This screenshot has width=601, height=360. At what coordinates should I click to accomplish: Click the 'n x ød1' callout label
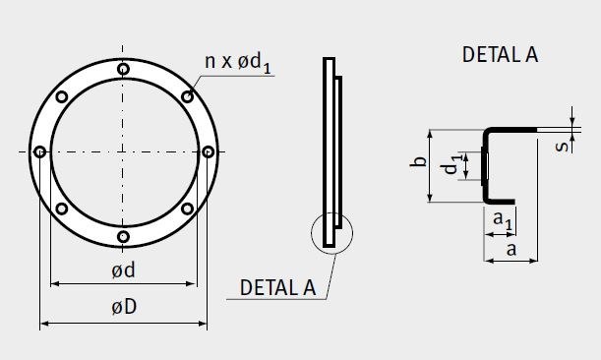coord(238,63)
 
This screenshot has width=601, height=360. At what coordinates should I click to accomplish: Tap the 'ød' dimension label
coord(123,270)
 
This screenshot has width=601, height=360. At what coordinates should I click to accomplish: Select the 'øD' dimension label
coord(124,307)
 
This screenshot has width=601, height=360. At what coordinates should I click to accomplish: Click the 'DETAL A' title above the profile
coord(500,54)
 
